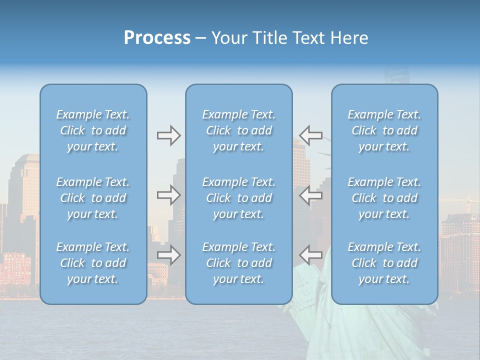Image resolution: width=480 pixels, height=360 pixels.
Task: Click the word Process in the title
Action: coord(157,38)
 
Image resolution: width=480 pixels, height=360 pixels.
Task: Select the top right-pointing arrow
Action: coord(168,135)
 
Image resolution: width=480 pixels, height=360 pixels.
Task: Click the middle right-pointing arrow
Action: coord(168,195)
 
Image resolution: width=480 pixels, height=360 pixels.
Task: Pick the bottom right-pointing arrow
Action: coord(168,255)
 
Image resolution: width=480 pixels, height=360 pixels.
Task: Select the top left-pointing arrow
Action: coord(310,135)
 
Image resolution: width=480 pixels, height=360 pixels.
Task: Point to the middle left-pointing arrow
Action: coord(310,195)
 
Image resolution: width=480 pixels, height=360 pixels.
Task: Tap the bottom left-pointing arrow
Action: coord(310,255)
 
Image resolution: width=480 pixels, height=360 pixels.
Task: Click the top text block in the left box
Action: coord(93,130)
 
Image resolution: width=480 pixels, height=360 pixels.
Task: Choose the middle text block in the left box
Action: coord(93,198)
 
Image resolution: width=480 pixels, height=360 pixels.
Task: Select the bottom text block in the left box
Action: coord(93,263)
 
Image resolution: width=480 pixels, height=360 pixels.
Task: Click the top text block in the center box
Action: coord(239,130)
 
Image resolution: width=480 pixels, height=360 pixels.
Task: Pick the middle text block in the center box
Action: coord(239,198)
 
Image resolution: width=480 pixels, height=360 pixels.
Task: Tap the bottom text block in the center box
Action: coord(239,263)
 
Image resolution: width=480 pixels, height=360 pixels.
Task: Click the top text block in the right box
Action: coord(384,130)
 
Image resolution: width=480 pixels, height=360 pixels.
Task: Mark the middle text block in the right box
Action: coord(384,198)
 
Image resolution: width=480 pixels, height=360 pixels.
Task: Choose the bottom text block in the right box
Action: coord(384,263)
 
